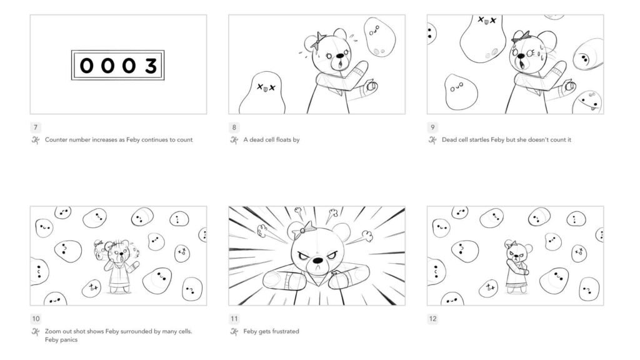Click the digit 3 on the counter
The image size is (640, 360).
pyautogui.click(x=151, y=66)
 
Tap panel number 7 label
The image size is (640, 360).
pyautogui.click(x=35, y=127)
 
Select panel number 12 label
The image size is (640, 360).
pyautogui.click(x=432, y=319)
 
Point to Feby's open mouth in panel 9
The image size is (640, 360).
pyautogui.click(x=521, y=62)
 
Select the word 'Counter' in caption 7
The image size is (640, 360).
pyautogui.click(x=56, y=140)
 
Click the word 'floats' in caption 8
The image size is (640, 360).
pyautogui.click(x=282, y=140)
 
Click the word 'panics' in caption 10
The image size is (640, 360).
pyautogui.click(x=69, y=340)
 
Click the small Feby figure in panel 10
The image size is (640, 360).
pyautogui.click(x=119, y=266)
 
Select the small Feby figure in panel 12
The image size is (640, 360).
pyautogui.click(x=517, y=267)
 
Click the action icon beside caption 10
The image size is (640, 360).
pyautogui.click(x=35, y=332)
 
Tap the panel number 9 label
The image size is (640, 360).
pyautogui.click(x=432, y=127)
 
